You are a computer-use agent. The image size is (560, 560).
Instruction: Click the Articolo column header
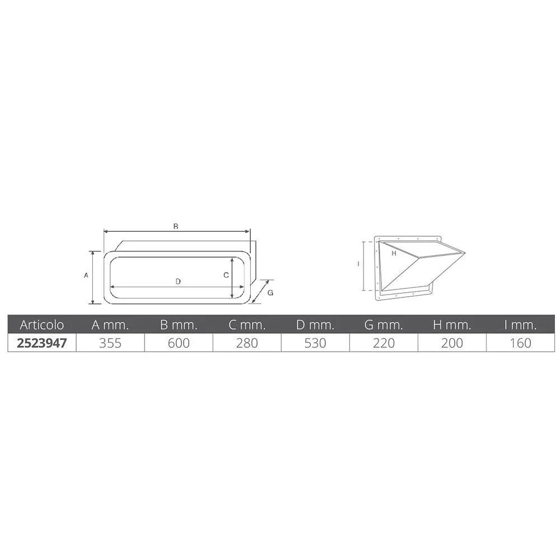(42, 325)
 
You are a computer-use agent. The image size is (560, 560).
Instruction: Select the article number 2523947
(42, 343)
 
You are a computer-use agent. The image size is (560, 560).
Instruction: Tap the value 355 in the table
(110, 343)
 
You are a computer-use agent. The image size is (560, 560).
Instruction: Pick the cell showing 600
(179, 343)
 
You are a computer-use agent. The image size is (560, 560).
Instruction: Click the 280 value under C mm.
(247, 343)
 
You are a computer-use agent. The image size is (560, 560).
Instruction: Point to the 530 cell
(315, 343)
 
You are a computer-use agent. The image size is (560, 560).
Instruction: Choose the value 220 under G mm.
(384, 343)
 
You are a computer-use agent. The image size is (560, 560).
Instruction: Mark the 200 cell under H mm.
(452, 343)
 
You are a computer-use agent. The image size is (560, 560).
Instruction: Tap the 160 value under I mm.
(520, 343)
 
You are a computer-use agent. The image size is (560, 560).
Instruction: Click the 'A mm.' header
(110, 325)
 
